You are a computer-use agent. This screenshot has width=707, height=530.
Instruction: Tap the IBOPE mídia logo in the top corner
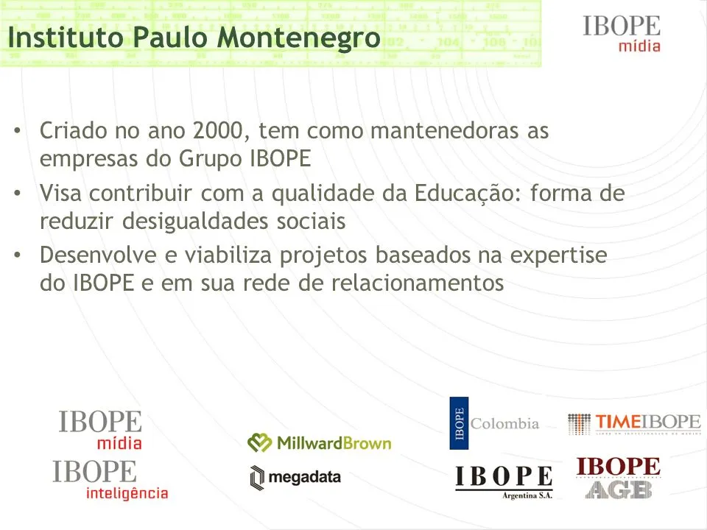pyautogui.click(x=622, y=34)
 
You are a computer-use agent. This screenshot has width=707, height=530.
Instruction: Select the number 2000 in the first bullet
pyautogui.click(x=219, y=132)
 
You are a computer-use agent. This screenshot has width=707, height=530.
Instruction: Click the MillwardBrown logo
pyautogui.click(x=320, y=442)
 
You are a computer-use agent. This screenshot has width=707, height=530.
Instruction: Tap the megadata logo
pyautogui.click(x=295, y=477)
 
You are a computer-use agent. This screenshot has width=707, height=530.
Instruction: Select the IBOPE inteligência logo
pyautogui.click(x=110, y=481)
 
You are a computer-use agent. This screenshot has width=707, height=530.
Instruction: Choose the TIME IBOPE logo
pyautogui.click(x=634, y=423)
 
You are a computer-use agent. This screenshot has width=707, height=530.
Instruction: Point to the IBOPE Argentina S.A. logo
pyautogui.click(x=504, y=482)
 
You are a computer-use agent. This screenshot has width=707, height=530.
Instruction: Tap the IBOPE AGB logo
pyautogui.click(x=619, y=478)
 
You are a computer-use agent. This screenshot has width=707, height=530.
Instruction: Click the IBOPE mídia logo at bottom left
pyautogui.click(x=101, y=430)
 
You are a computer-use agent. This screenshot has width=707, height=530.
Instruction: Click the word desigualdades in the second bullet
pyautogui.click(x=195, y=221)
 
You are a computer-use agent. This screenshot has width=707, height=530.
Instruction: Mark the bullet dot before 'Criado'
pyautogui.click(x=18, y=132)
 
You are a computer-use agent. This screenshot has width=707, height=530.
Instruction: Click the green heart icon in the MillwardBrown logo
pyautogui.click(x=259, y=442)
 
